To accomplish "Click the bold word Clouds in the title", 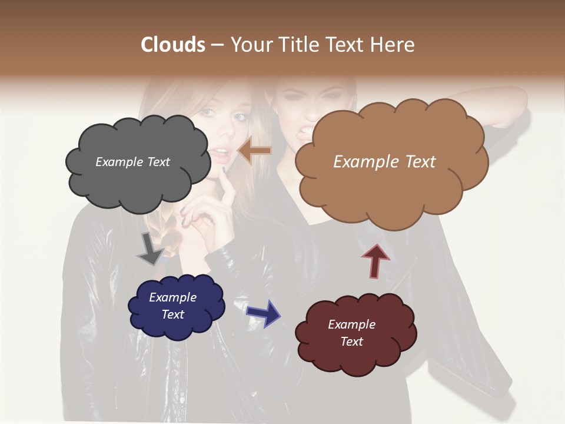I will point(172,45).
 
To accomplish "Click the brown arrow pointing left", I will point(254,151).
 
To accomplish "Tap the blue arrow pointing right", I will point(264,313).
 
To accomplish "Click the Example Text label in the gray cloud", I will point(132,162).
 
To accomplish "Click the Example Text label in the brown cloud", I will point(384,162).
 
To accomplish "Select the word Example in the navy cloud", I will point(172,297).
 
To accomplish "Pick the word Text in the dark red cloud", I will point(351,342).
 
